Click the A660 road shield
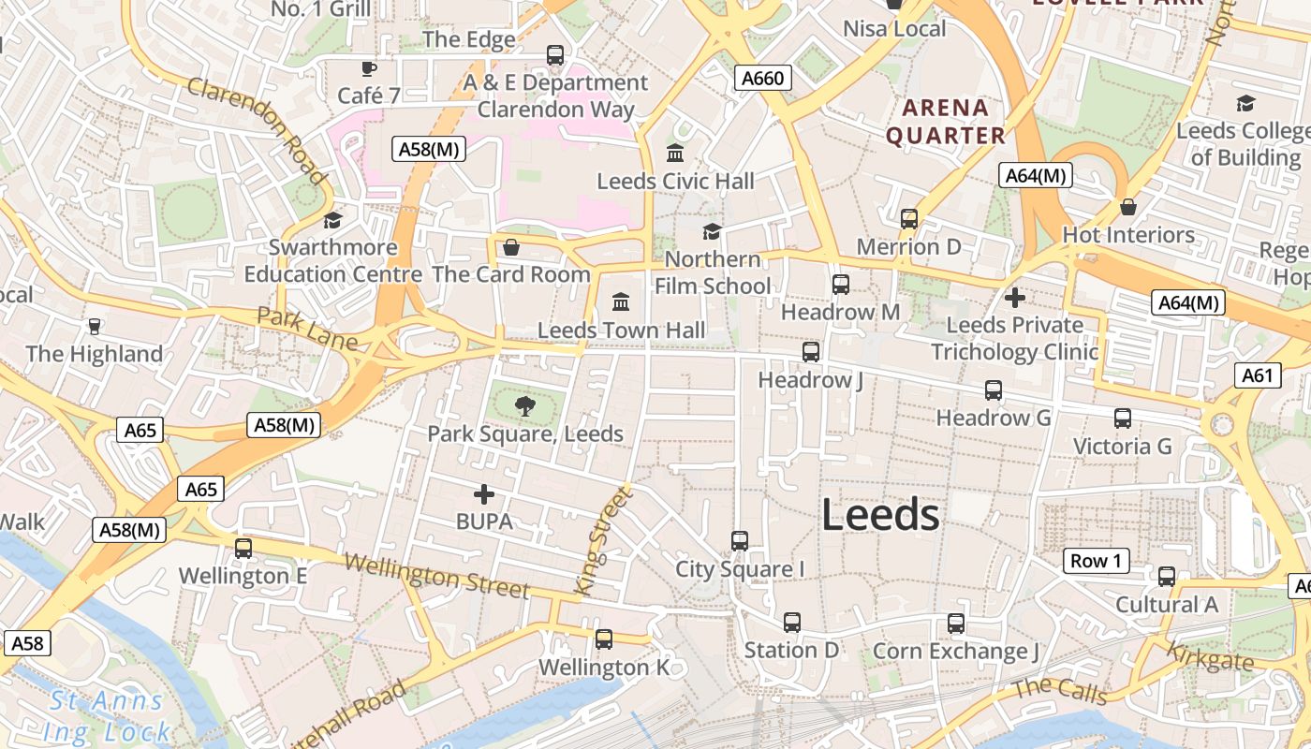[x=762, y=79]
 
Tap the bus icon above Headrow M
[x=841, y=284]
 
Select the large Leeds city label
[x=880, y=515]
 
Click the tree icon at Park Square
[x=525, y=406]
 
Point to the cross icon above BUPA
[x=484, y=493]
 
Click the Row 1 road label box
[x=1096, y=561]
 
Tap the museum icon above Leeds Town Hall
[x=621, y=302]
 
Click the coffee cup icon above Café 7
[x=369, y=68]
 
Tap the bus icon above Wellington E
[x=243, y=548]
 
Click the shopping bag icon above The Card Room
[x=511, y=247]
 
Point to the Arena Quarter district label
[x=946, y=122]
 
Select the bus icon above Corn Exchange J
[x=956, y=623]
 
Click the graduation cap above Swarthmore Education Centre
[x=332, y=220]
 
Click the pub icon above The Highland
[x=94, y=326]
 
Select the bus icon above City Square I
[x=740, y=540]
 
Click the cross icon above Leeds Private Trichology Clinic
[x=1014, y=298]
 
